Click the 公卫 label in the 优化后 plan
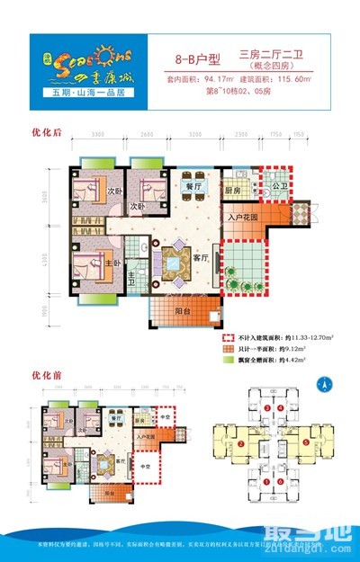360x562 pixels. [278, 187]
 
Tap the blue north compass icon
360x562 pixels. [320, 384]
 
